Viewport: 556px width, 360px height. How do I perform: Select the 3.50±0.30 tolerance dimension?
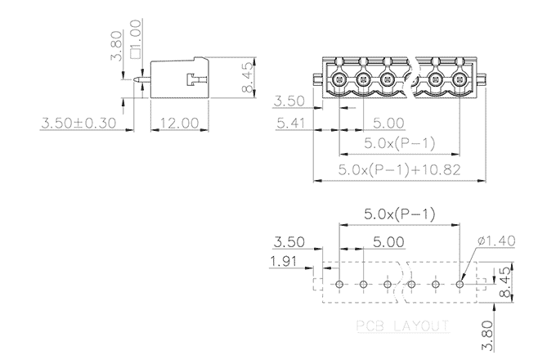click(x=78, y=123)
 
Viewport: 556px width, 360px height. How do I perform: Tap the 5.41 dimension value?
click(x=292, y=124)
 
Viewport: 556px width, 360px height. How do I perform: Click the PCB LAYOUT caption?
click(x=403, y=326)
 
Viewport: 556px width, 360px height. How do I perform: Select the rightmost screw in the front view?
click(x=460, y=79)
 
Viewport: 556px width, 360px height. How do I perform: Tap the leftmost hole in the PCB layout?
click(x=340, y=284)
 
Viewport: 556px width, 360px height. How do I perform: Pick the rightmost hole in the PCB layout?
click(x=460, y=284)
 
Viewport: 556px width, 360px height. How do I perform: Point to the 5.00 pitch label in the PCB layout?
click(x=388, y=241)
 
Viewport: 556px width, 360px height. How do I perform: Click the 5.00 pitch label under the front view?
click(x=388, y=124)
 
